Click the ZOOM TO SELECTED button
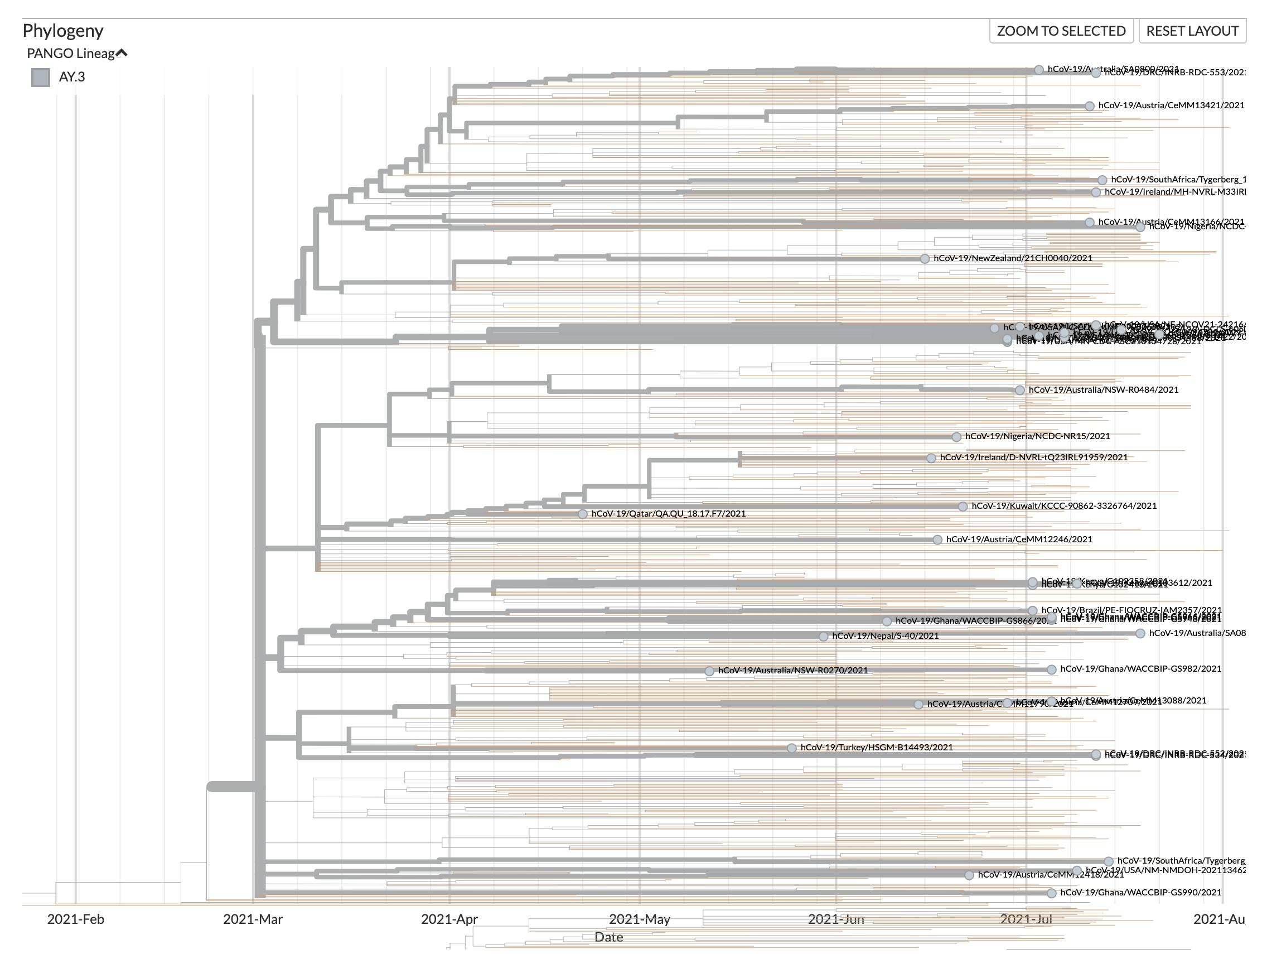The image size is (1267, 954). [1061, 31]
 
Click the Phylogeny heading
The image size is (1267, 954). [63, 30]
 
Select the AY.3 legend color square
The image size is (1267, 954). [41, 78]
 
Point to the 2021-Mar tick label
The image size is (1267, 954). [253, 919]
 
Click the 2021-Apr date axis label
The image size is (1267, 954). [449, 919]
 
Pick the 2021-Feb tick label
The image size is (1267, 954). [76, 919]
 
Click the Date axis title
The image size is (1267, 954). [608, 937]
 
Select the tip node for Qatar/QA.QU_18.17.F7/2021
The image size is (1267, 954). [583, 514]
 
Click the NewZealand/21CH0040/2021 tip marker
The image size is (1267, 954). [925, 259]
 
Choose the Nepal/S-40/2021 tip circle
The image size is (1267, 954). [823, 636]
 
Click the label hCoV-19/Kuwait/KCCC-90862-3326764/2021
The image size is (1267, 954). [1063, 506]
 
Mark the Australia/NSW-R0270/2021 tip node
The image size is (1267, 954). [709, 671]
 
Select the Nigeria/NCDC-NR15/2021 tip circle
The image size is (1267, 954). [956, 437]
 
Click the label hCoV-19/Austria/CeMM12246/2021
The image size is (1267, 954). [1019, 539]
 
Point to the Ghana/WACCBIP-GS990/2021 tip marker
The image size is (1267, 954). [1051, 893]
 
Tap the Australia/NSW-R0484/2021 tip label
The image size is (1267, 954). [1103, 389]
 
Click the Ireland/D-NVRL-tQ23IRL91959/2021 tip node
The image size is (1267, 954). [931, 458]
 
